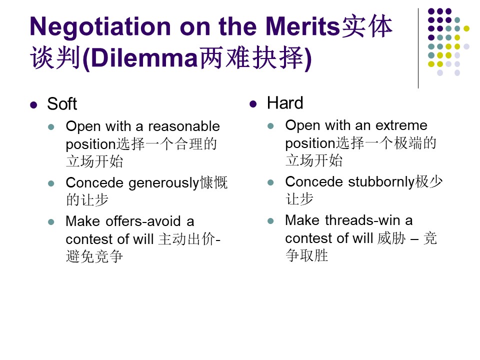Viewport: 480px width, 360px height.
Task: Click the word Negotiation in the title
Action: point(100,27)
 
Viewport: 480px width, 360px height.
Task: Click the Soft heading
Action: point(62,104)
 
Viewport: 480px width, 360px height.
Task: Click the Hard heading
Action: point(285,103)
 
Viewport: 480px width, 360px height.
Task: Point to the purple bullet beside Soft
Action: point(33,105)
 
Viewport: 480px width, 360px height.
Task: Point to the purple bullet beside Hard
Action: point(253,104)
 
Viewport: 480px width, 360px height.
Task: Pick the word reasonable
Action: point(184,126)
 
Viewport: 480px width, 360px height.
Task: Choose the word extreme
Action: point(401,125)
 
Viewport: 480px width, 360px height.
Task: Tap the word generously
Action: point(164,183)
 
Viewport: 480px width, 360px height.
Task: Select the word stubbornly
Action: point(381,182)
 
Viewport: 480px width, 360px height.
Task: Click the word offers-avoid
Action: point(143,221)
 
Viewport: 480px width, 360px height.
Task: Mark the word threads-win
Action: point(363,220)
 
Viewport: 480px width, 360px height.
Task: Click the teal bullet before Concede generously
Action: point(51,183)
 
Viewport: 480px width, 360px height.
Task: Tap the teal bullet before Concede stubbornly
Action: point(270,182)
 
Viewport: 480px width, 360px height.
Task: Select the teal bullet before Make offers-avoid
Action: point(51,221)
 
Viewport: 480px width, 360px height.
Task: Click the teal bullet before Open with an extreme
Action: point(270,126)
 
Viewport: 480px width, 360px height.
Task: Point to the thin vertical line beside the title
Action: point(418,48)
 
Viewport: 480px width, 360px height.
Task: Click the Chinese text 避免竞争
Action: point(94,256)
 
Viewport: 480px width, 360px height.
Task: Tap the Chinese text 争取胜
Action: point(306,255)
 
